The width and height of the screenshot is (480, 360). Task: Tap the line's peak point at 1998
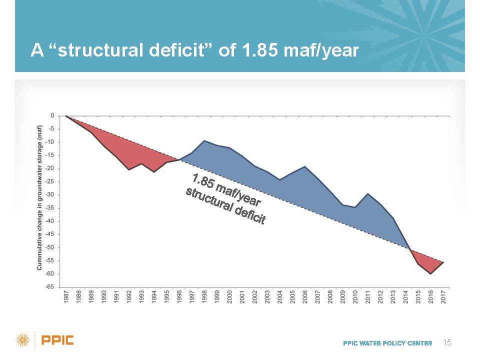[204, 141]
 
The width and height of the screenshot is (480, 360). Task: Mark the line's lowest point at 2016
[430, 273]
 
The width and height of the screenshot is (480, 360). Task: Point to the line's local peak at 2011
[368, 193]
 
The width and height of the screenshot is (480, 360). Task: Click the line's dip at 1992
[129, 169]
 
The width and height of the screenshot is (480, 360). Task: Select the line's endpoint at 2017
[443, 262]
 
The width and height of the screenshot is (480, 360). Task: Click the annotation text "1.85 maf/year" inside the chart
[226, 190]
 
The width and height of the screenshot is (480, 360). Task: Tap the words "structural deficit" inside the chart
[225, 206]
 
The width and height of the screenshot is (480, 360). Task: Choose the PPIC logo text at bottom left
[57, 341]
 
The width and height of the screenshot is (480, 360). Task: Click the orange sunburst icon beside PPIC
[23, 341]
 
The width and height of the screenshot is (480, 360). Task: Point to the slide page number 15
[447, 342]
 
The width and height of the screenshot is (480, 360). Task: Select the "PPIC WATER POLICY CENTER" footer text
[387, 343]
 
